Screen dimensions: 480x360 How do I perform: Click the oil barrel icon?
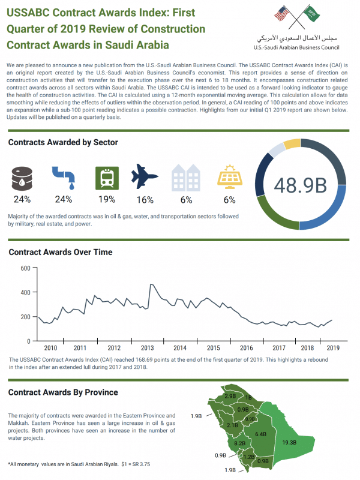[22, 178]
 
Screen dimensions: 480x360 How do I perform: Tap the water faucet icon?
[63, 178]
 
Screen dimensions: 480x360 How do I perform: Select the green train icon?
[107, 178]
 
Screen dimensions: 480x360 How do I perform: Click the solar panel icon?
[229, 177]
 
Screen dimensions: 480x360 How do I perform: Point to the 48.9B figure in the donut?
[301, 185]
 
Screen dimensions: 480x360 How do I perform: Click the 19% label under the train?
[107, 199]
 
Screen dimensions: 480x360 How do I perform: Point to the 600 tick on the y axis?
[25, 268]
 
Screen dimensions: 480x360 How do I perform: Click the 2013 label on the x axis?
[146, 348]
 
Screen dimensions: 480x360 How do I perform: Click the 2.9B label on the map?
[230, 397]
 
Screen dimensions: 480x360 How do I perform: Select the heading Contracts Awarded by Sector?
[63, 142]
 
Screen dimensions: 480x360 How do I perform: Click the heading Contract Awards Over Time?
[60, 252]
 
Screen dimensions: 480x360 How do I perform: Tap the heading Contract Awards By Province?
[63, 392]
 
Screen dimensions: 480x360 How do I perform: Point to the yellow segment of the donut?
[292, 144]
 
